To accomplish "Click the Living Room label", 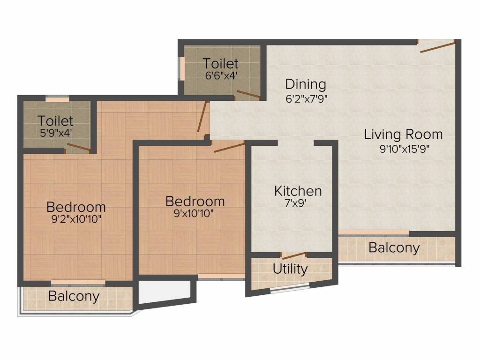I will pyautogui.click(x=403, y=135).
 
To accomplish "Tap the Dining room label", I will pyautogui.click(x=306, y=84).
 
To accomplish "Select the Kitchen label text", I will pyautogui.click(x=298, y=191).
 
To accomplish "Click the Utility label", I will pyautogui.click(x=290, y=269).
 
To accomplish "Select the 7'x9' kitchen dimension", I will pyautogui.click(x=298, y=204).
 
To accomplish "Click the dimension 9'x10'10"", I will pyautogui.click(x=195, y=214).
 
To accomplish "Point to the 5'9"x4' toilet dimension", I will pyautogui.click(x=56, y=133).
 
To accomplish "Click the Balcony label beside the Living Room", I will pyautogui.click(x=394, y=247).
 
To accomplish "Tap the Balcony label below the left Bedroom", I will pyautogui.click(x=74, y=296).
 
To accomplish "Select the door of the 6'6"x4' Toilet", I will pyautogui.click(x=248, y=94).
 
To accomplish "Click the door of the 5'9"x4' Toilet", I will pyautogui.click(x=78, y=149).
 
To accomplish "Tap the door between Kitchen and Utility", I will pyautogui.click(x=293, y=256).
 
